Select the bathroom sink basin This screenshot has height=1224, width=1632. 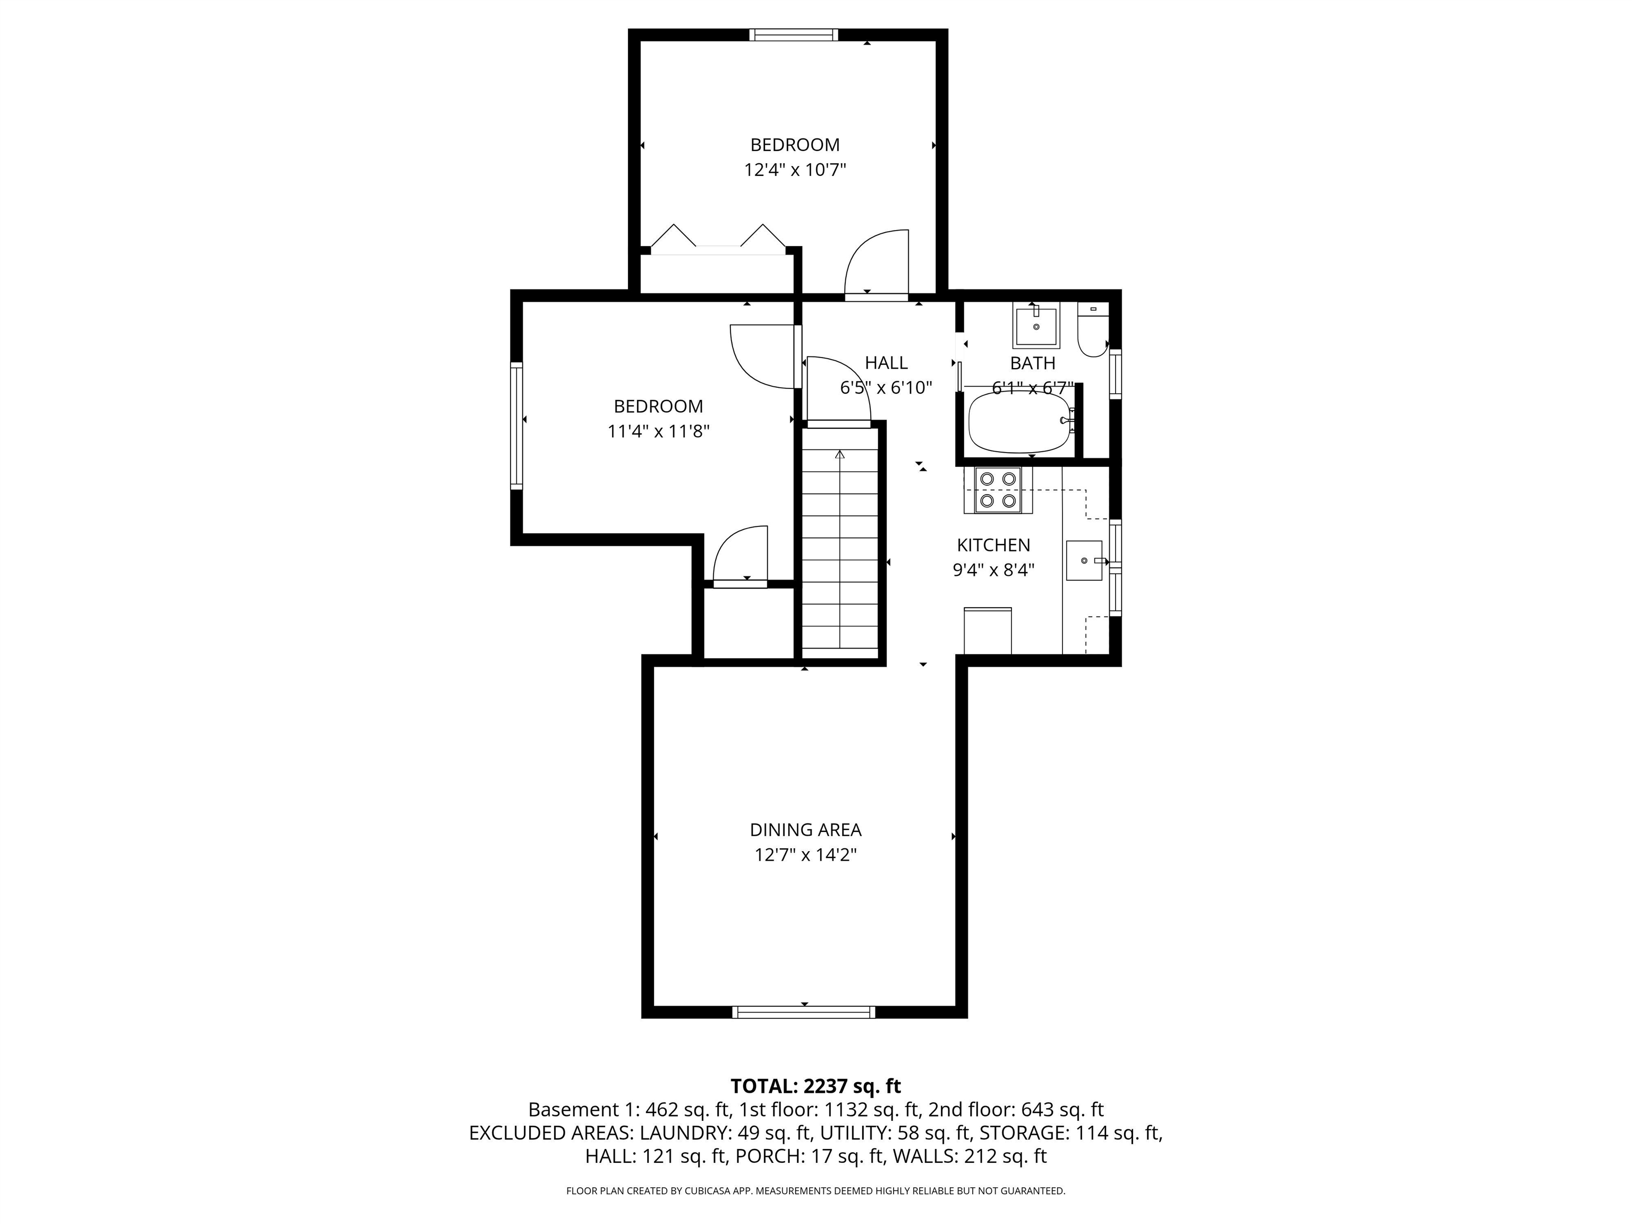[x=1036, y=325]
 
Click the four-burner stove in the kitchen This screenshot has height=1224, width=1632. [x=998, y=490]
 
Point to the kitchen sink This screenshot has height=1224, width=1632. [x=1084, y=560]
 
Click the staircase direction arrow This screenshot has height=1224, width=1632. [x=839, y=455]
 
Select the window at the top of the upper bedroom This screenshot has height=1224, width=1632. [x=794, y=35]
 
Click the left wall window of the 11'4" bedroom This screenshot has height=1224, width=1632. [x=516, y=425]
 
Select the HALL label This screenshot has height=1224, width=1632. [x=886, y=362]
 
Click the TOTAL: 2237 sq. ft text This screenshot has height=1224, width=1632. [x=815, y=1086]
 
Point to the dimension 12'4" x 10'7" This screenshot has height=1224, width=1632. [x=795, y=169]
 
